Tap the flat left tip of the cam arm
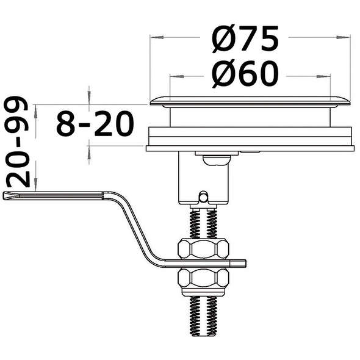(x=12, y=195)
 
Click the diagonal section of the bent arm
(x=135, y=229)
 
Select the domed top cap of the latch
(x=250, y=100)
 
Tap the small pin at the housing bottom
(x=203, y=196)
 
